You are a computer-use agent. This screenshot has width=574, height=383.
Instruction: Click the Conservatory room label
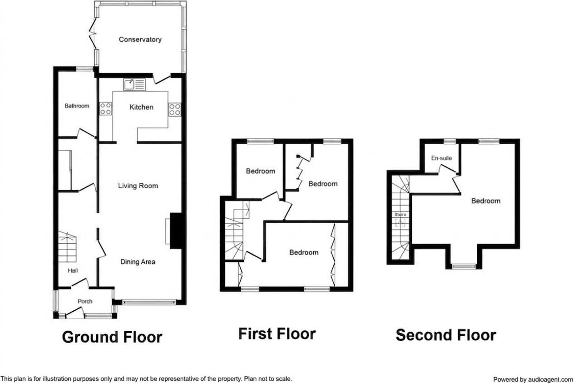click(x=140, y=39)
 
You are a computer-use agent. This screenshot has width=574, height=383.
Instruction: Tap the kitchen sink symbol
click(x=134, y=84)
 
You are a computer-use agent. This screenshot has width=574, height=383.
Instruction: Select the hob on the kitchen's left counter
click(x=106, y=109)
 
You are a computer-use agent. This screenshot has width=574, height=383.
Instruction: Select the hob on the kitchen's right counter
click(x=174, y=109)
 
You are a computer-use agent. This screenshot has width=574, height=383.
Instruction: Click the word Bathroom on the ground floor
click(x=77, y=106)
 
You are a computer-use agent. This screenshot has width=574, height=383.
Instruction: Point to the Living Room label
click(x=138, y=186)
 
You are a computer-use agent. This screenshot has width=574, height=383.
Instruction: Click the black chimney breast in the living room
click(x=176, y=231)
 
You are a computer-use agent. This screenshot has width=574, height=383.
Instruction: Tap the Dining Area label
click(x=138, y=262)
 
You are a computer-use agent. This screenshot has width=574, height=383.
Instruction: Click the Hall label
click(x=73, y=271)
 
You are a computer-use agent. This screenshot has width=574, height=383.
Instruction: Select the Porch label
click(x=85, y=301)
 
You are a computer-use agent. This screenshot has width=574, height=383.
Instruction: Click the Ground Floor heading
click(x=112, y=337)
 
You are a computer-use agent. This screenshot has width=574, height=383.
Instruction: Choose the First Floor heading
click(x=277, y=334)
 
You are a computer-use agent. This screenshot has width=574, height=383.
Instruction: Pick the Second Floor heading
click(x=445, y=335)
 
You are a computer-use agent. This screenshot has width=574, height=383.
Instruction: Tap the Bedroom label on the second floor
click(x=485, y=201)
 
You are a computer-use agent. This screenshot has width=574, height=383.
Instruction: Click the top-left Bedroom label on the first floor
click(x=260, y=171)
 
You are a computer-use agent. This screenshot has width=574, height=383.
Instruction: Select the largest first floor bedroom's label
click(x=304, y=252)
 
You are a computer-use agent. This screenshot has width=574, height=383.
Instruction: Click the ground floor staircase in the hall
click(x=67, y=247)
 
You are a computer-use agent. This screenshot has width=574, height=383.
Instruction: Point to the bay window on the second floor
click(x=464, y=266)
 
